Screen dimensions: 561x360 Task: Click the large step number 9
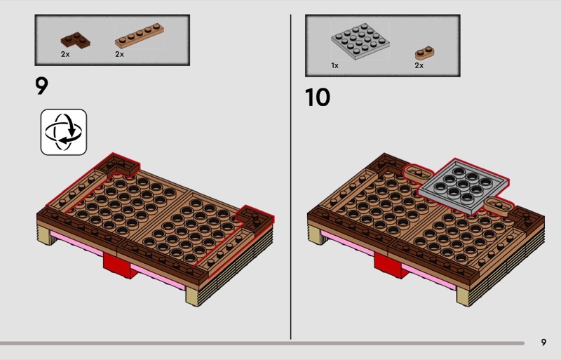click(x=41, y=86)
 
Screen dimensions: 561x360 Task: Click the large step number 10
click(x=318, y=98)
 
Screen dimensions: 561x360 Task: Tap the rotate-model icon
click(x=64, y=132)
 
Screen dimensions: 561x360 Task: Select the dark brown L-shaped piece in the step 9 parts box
click(x=75, y=40)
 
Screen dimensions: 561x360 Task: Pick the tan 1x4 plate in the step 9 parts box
click(x=140, y=36)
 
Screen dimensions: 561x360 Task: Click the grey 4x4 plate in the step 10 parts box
click(x=360, y=41)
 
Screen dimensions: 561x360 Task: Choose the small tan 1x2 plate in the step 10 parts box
click(x=425, y=53)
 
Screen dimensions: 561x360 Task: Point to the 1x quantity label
click(x=335, y=65)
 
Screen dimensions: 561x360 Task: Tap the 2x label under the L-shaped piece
click(x=65, y=54)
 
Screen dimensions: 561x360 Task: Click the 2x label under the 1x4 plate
click(x=119, y=54)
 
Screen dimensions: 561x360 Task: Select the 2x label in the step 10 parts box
click(x=419, y=65)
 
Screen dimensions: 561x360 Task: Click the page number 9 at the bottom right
click(x=544, y=342)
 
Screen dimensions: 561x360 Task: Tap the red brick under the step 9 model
click(x=119, y=265)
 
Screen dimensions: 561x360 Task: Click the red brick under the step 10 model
click(x=391, y=265)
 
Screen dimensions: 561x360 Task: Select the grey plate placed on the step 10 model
click(x=464, y=186)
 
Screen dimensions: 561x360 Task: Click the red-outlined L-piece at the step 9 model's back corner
click(x=119, y=166)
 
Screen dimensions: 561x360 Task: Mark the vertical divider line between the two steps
click(x=290, y=177)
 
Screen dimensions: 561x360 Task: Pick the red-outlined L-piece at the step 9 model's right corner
click(x=255, y=217)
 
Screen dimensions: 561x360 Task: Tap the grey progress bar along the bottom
click(x=262, y=343)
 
